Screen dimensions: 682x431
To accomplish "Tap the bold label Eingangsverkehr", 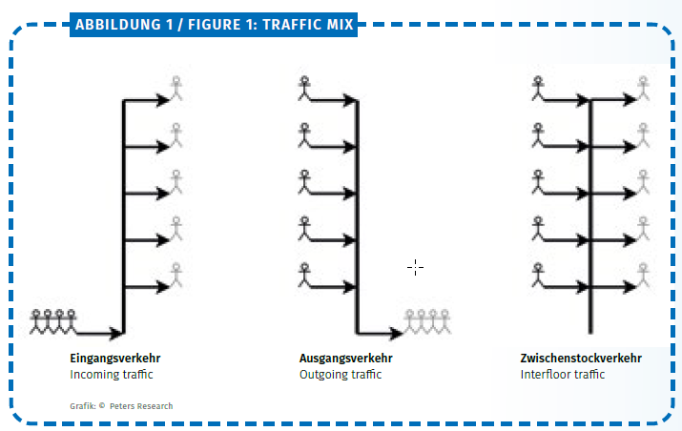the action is (115, 359).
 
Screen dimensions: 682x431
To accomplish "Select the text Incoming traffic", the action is (112, 375).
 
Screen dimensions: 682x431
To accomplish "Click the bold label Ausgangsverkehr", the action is (346, 359).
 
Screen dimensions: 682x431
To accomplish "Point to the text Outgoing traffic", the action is (341, 375).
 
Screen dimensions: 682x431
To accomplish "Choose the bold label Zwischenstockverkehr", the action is (581, 359).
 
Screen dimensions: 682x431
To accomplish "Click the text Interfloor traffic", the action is (563, 375).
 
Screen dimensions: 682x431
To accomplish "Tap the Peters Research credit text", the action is (141, 406).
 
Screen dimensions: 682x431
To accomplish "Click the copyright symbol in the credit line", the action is (102, 406).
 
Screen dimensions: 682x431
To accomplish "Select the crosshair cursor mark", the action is (415, 268).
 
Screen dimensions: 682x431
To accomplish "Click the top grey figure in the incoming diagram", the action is (176, 89).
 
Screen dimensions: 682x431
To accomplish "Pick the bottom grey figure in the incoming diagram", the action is (176, 275).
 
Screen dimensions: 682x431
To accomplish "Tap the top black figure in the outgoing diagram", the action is (304, 89).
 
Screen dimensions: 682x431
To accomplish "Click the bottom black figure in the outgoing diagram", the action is (304, 275).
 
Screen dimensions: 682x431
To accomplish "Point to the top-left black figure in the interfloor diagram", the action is (538, 89).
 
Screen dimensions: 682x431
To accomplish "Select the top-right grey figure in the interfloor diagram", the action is (643, 89).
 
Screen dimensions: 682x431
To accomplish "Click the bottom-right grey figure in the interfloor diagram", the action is (643, 275).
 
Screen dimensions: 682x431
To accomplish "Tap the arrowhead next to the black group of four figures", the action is (115, 334).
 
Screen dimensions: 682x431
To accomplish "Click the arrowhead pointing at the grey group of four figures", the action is (396, 334).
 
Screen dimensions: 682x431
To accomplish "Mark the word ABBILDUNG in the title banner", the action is (118, 25).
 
